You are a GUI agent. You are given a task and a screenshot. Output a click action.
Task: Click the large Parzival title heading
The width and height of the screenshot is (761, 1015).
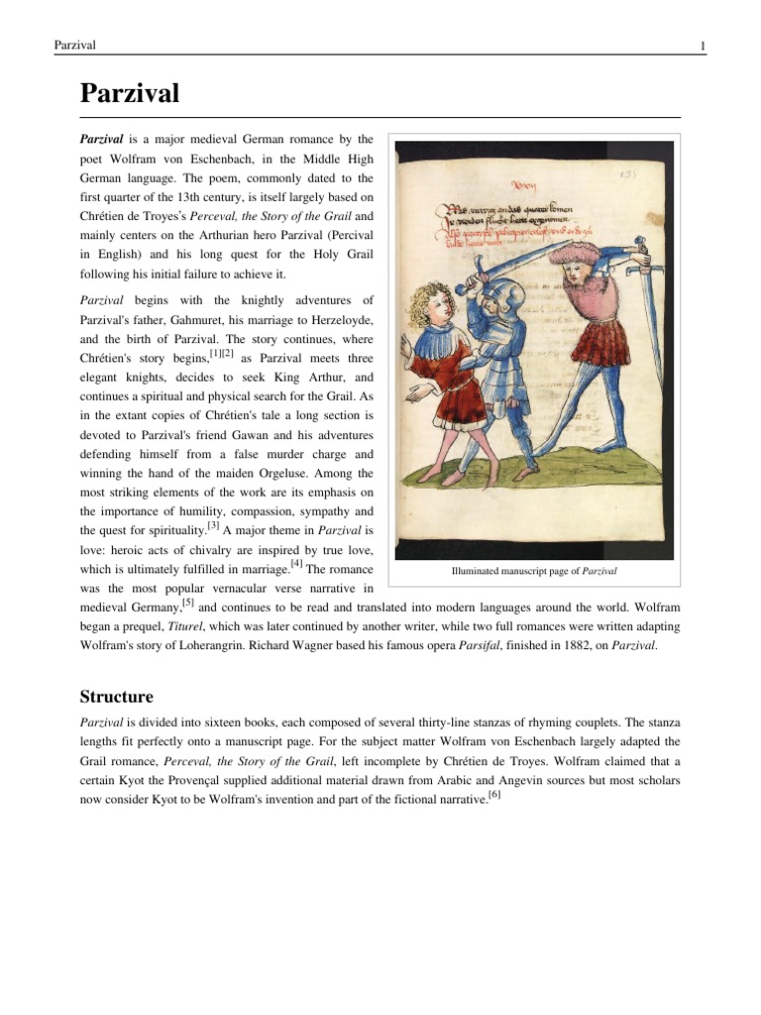129,94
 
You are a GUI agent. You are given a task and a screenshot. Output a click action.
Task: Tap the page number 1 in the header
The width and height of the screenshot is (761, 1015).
702,46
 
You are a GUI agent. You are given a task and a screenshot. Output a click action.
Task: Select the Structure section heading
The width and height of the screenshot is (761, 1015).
116,669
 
